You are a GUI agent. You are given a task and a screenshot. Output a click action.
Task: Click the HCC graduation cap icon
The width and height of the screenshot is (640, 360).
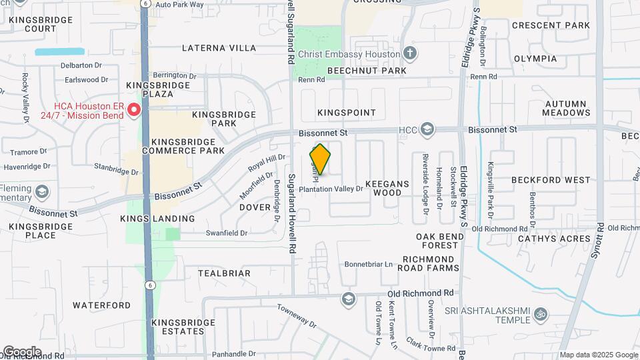click(427, 129)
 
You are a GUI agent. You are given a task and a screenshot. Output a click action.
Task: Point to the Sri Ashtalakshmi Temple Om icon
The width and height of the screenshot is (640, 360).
click(541, 313)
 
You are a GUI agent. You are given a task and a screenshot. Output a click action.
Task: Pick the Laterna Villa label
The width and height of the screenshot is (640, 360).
click(219, 48)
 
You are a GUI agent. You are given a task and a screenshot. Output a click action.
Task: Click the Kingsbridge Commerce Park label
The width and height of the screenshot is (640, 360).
click(183, 147)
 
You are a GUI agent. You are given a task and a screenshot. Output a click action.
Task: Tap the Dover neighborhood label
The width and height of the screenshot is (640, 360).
click(254, 207)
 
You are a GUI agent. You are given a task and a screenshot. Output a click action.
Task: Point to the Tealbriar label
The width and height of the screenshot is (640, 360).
click(224, 273)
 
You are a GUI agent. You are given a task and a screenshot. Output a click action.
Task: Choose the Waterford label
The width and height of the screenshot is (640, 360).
click(101, 305)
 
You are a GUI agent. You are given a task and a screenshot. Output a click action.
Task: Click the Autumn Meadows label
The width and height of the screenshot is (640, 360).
click(565, 109)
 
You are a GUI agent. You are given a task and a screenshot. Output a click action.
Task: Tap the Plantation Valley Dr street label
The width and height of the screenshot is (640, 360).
click(331, 189)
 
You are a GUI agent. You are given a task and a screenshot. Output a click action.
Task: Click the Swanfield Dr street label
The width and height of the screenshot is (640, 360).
click(227, 233)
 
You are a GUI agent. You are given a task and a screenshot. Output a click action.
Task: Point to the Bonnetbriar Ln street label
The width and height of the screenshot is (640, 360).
click(369, 265)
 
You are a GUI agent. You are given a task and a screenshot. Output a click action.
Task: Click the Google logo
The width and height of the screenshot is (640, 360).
click(21, 351)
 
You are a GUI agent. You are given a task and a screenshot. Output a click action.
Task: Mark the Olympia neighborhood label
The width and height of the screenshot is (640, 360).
click(535, 59)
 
